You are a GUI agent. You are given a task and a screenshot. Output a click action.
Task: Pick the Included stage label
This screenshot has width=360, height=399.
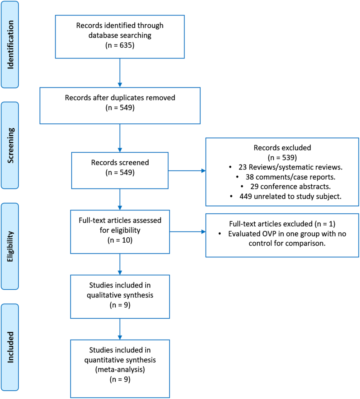coord(11,347)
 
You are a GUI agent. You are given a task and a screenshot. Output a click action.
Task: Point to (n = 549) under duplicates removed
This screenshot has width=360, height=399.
coord(119,107)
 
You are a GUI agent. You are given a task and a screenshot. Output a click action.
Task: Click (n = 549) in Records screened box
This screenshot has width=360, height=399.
coord(119,172)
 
